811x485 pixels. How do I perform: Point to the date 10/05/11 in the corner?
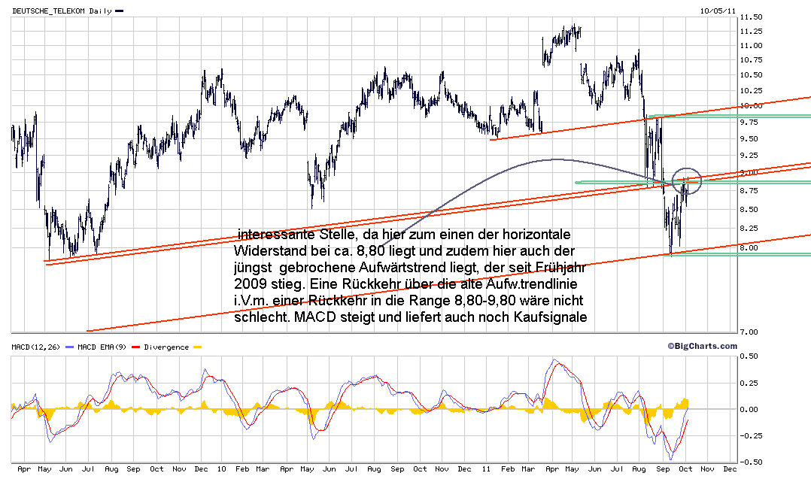click(x=718, y=11)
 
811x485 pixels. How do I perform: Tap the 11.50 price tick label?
click(x=752, y=17)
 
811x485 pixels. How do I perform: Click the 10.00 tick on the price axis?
click(x=752, y=105)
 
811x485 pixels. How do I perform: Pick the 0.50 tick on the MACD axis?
click(x=749, y=356)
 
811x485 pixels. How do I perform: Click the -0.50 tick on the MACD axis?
click(x=748, y=462)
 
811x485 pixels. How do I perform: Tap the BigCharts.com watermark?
click(x=702, y=346)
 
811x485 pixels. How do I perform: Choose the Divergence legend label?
click(x=166, y=347)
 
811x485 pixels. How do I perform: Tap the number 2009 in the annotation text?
click(x=251, y=283)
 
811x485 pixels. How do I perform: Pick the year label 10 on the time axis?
click(x=221, y=469)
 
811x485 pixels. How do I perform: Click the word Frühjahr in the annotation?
click(x=545, y=265)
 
